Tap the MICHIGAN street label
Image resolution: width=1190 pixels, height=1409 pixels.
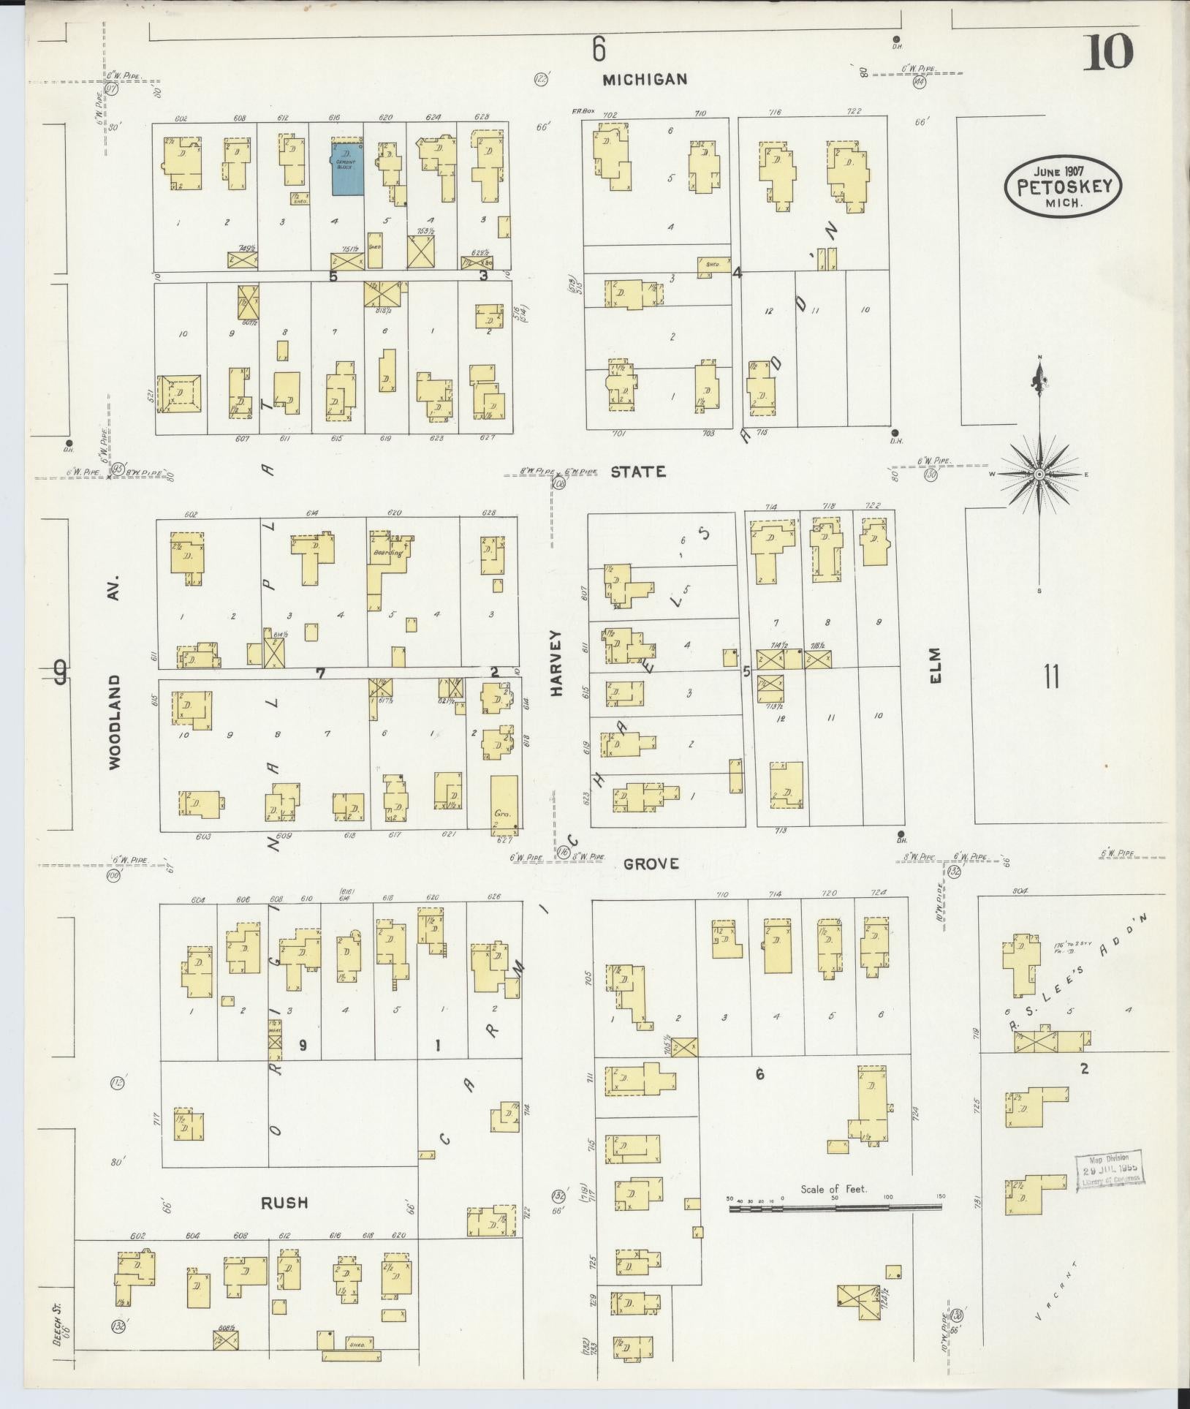pyautogui.click(x=645, y=80)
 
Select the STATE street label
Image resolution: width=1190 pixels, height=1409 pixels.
pyautogui.click(x=638, y=472)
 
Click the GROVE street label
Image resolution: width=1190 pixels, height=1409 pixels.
pyautogui.click(x=651, y=864)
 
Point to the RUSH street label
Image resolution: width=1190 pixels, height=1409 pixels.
pyautogui.click(x=284, y=1203)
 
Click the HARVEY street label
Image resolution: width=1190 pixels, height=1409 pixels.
pyautogui.click(x=557, y=662)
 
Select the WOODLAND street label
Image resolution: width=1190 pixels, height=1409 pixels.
pyautogui.click(x=115, y=721)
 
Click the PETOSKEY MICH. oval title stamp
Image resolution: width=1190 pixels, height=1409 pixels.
pyautogui.click(x=1063, y=186)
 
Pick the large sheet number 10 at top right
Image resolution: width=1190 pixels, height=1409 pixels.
pyautogui.click(x=1110, y=53)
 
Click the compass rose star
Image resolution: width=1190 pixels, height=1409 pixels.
pyautogui.click(x=1039, y=475)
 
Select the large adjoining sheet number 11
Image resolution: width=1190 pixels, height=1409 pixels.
pyautogui.click(x=1051, y=676)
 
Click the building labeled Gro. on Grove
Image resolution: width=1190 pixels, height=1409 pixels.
pyautogui.click(x=504, y=804)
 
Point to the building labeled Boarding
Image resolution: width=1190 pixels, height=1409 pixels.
pyautogui.click(x=387, y=554)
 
